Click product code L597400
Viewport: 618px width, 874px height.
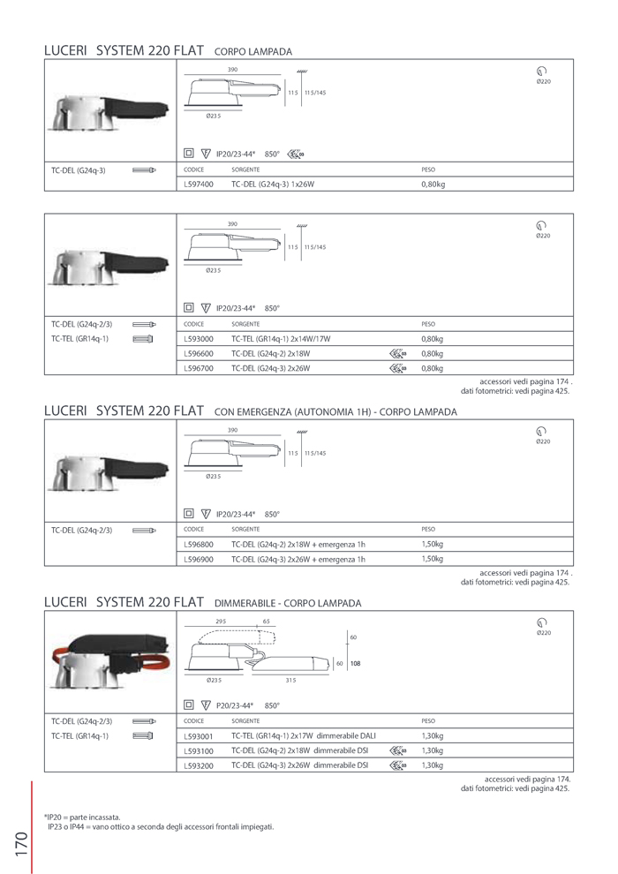(x=199, y=185)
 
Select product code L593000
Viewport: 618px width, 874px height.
(x=199, y=339)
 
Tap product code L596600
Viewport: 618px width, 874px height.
(x=199, y=354)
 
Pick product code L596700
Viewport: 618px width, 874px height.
(x=199, y=368)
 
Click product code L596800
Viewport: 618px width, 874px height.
(x=199, y=545)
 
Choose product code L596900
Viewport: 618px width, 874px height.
(x=199, y=559)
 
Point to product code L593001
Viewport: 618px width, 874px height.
(x=199, y=736)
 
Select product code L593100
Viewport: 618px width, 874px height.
(x=199, y=751)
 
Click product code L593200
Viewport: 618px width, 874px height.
(x=199, y=765)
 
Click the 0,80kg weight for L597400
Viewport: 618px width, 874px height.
(x=433, y=185)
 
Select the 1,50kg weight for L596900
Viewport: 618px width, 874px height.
(x=432, y=559)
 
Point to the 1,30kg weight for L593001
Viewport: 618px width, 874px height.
(x=432, y=736)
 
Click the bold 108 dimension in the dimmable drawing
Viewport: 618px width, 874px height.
(x=355, y=663)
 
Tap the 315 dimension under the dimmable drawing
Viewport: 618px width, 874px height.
(x=290, y=680)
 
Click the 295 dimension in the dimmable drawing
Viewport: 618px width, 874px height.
(x=221, y=622)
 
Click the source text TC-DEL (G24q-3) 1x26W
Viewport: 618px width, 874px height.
(x=273, y=185)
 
